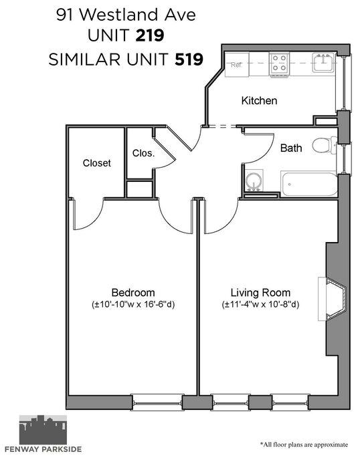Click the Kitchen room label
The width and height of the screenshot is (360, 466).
259,101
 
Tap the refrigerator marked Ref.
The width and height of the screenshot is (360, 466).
237,64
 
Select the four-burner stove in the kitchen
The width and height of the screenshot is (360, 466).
280,64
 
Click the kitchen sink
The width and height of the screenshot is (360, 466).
323,63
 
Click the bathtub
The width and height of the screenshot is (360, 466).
309,184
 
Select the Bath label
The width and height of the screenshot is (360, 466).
291,148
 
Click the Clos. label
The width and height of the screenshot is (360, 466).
143,153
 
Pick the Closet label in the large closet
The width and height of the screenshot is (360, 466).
97,163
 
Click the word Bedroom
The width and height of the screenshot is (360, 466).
133,293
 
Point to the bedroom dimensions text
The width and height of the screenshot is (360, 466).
133,305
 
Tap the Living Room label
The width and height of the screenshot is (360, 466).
260,293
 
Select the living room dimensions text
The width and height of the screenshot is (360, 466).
260,305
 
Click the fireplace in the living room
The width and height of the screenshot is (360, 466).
333,299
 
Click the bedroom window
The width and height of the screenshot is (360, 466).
157,402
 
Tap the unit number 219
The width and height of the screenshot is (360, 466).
150,35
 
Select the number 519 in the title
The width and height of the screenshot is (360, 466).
189,59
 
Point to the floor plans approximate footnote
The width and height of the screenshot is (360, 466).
304,445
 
